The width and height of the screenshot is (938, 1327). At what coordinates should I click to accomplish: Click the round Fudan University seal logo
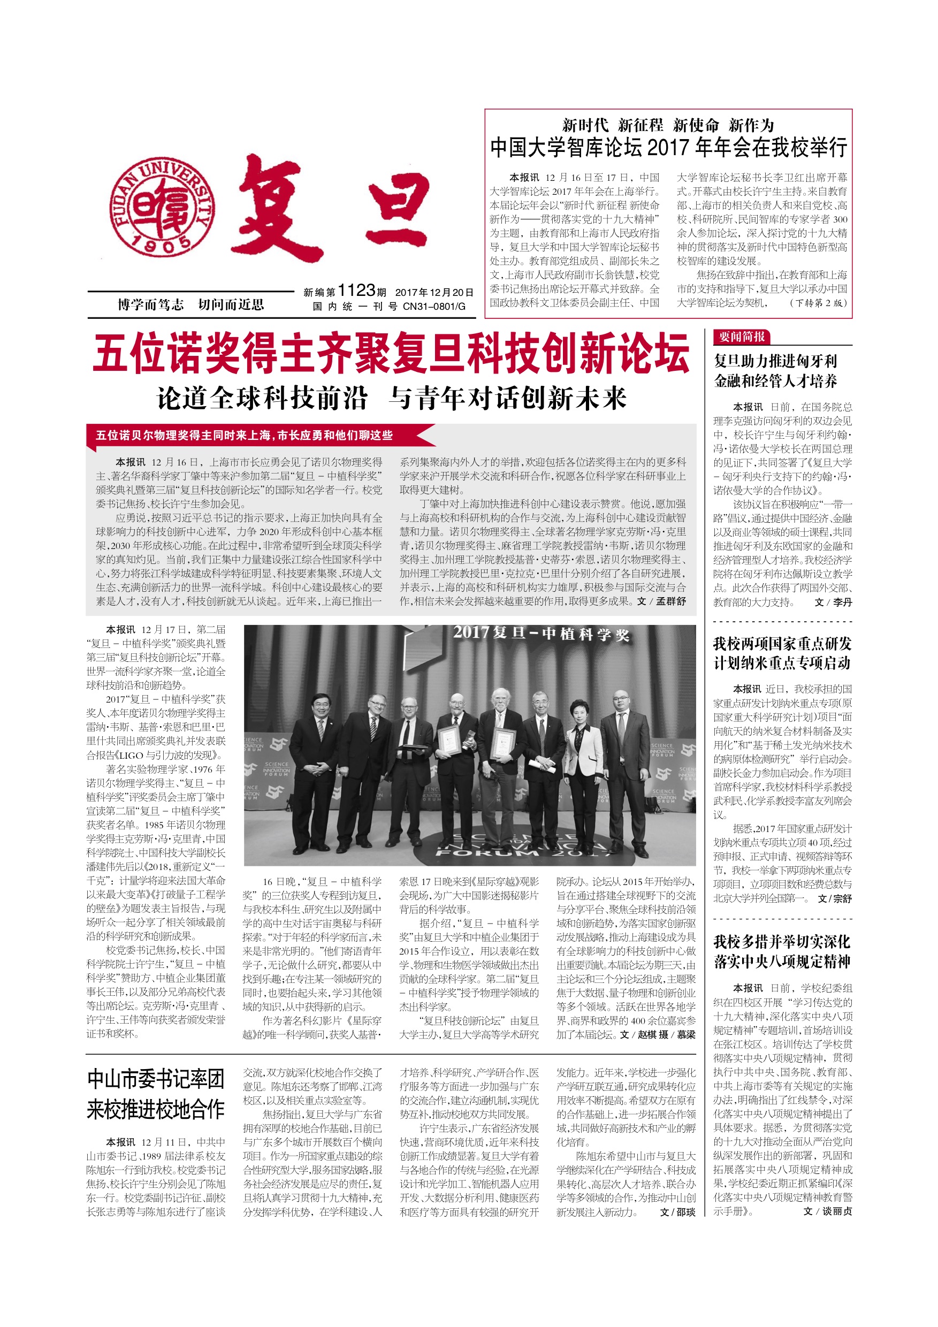coord(163,208)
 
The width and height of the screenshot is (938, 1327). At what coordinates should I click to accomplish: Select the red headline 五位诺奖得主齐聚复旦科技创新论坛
coord(391,353)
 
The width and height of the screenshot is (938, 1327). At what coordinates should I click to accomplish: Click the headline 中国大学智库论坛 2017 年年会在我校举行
coord(668,147)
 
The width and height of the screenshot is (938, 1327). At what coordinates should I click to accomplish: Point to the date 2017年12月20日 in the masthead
coord(434,293)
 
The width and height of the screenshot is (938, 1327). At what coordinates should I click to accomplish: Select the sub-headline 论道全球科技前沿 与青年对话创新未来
coord(391,398)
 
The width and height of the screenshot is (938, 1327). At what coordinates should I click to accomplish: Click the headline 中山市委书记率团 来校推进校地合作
coord(156,1094)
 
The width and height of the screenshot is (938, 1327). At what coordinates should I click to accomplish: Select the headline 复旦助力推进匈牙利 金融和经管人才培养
coord(775,371)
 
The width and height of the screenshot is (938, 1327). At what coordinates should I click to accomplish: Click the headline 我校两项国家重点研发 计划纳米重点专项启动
coord(782,653)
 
